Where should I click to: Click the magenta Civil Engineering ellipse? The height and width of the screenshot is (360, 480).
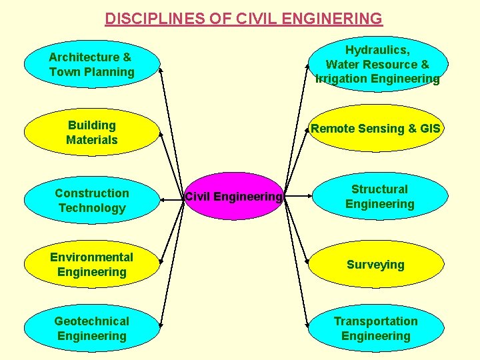233,196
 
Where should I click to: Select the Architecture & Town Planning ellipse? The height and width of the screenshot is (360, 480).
91,64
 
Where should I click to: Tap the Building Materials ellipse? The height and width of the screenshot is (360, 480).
91,132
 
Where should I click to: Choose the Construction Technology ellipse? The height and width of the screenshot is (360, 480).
91,200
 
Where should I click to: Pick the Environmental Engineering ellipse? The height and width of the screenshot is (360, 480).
91,265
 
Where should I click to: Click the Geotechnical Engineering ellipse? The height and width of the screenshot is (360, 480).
91,329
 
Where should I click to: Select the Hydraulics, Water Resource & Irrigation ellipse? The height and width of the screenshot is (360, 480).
377,64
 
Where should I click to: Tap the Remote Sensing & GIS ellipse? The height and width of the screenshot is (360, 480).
376,129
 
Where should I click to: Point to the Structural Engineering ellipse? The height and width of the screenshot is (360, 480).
379,197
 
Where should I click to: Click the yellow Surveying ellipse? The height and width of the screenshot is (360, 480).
375,265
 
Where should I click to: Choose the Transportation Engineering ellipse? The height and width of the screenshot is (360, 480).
375,329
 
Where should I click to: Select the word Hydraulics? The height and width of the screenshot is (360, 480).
377,50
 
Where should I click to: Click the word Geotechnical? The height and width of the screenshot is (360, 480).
92,321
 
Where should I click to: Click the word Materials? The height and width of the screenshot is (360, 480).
92,140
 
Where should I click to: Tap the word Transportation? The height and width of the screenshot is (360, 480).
376,321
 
